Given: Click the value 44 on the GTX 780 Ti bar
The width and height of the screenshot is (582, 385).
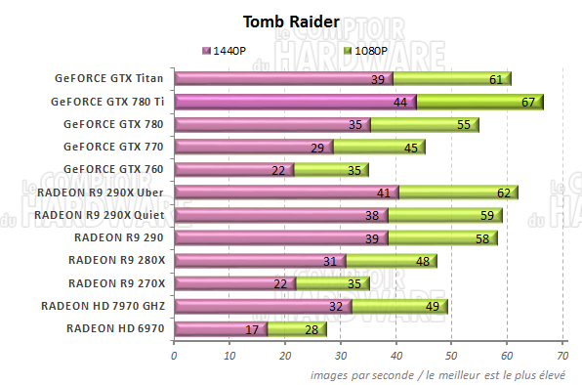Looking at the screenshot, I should tap(400, 103).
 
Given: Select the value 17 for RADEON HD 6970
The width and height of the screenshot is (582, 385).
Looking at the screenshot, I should tap(252, 329).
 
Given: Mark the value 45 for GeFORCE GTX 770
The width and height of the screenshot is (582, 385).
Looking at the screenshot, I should tap(409, 148).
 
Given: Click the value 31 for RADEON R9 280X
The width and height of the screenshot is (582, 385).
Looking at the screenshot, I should tap(329, 261).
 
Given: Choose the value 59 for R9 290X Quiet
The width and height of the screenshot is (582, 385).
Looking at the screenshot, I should tap(486, 216).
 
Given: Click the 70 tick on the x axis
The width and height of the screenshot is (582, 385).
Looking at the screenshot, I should tap(562, 355).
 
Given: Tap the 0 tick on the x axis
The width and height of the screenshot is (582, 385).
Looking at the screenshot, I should tap(174, 355).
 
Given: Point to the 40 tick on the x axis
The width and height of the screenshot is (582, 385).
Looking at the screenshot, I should tap(396, 355).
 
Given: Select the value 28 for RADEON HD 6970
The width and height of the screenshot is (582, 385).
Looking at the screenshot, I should tap(312, 329).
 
